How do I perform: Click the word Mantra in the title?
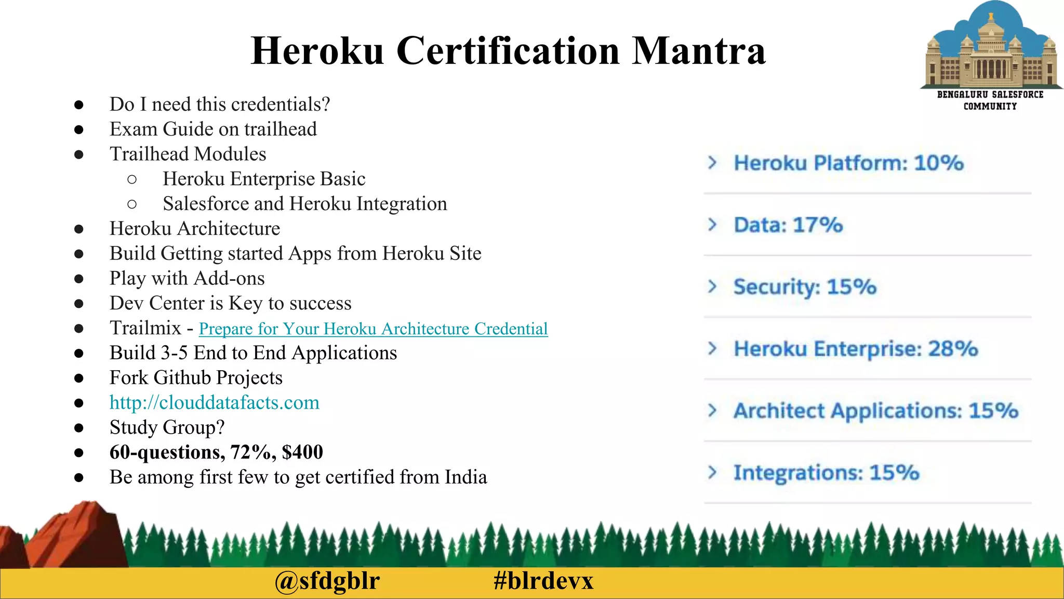coord(698,51)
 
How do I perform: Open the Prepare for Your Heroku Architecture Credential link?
coord(373,329)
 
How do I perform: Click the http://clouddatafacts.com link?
coord(214,402)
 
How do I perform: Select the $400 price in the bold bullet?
coord(302,452)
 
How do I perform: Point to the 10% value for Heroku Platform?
coord(939,163)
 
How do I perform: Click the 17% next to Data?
coord(818,225)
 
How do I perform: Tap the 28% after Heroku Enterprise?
coord(953,348)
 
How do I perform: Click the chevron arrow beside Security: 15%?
coord(712,287)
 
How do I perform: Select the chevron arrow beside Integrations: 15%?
coord(712,472)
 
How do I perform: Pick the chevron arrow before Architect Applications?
coord(712,410)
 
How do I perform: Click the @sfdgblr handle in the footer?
coord(327,581)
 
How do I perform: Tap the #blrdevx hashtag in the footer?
coord(543,581)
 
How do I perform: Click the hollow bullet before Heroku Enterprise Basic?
coord(132,179)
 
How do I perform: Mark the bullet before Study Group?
coord(79,428)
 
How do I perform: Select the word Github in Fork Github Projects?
coord(182,377)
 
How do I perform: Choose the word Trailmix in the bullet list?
coord(145,328)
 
